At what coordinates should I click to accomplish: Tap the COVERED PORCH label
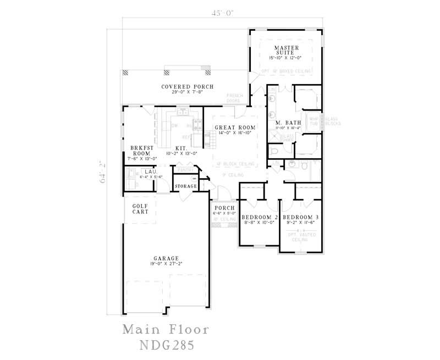[187, 87]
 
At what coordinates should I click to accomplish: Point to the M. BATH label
[288, 122]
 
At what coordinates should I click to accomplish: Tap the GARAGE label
[166, 258]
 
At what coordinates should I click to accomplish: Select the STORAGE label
[186, 187]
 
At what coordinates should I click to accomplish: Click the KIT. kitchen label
[181, 148]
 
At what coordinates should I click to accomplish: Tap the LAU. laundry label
[150, 171]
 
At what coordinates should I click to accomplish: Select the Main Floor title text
[166, 330]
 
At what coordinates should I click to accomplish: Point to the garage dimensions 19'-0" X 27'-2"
[166, 264]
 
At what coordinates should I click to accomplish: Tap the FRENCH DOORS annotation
[235, 98]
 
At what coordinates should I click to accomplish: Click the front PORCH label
[224, 208]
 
